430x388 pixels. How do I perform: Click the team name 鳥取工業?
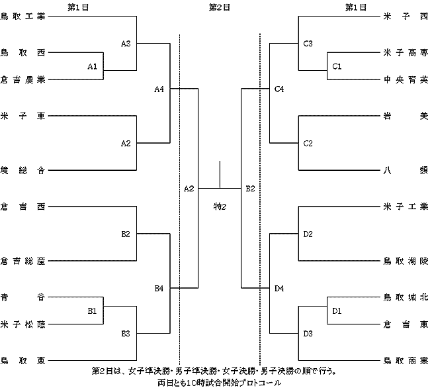click(x=22, y=17)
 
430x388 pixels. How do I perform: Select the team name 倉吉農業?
click(x=22, y=80)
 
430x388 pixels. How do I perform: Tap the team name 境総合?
click(x=22, y=170)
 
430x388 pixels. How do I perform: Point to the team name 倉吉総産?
click(x=22, y=261)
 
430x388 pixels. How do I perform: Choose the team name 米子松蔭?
click(x=22, y=324)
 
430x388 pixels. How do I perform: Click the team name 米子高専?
click(x=406, y=53)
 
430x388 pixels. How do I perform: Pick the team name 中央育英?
click(x=406, y=80)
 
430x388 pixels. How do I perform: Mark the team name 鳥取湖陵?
click(x=406, y=261)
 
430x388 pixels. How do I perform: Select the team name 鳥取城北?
click(x=406, y=297)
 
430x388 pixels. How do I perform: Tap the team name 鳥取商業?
click(x=406, y=361)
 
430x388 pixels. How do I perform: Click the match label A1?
click(x=93, y=66)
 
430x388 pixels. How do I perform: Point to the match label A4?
click(x=159, y=89)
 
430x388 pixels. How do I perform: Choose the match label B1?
click(x=92, y=311)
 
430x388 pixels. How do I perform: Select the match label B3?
click(x=126, y=334)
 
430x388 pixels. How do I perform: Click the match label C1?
click(x=337, y=66)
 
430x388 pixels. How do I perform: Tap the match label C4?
click(x=279, y=89)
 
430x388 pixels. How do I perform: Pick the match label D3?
click(x=308, y=334)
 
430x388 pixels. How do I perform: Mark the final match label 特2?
click(x=220, y=207)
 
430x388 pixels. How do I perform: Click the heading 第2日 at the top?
click(x=220, y=7)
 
